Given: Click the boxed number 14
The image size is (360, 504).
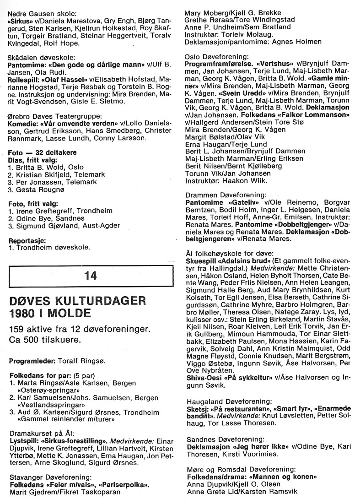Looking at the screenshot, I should (x=91, y=275).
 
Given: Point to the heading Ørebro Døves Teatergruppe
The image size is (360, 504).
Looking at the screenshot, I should (x=54, y=116).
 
